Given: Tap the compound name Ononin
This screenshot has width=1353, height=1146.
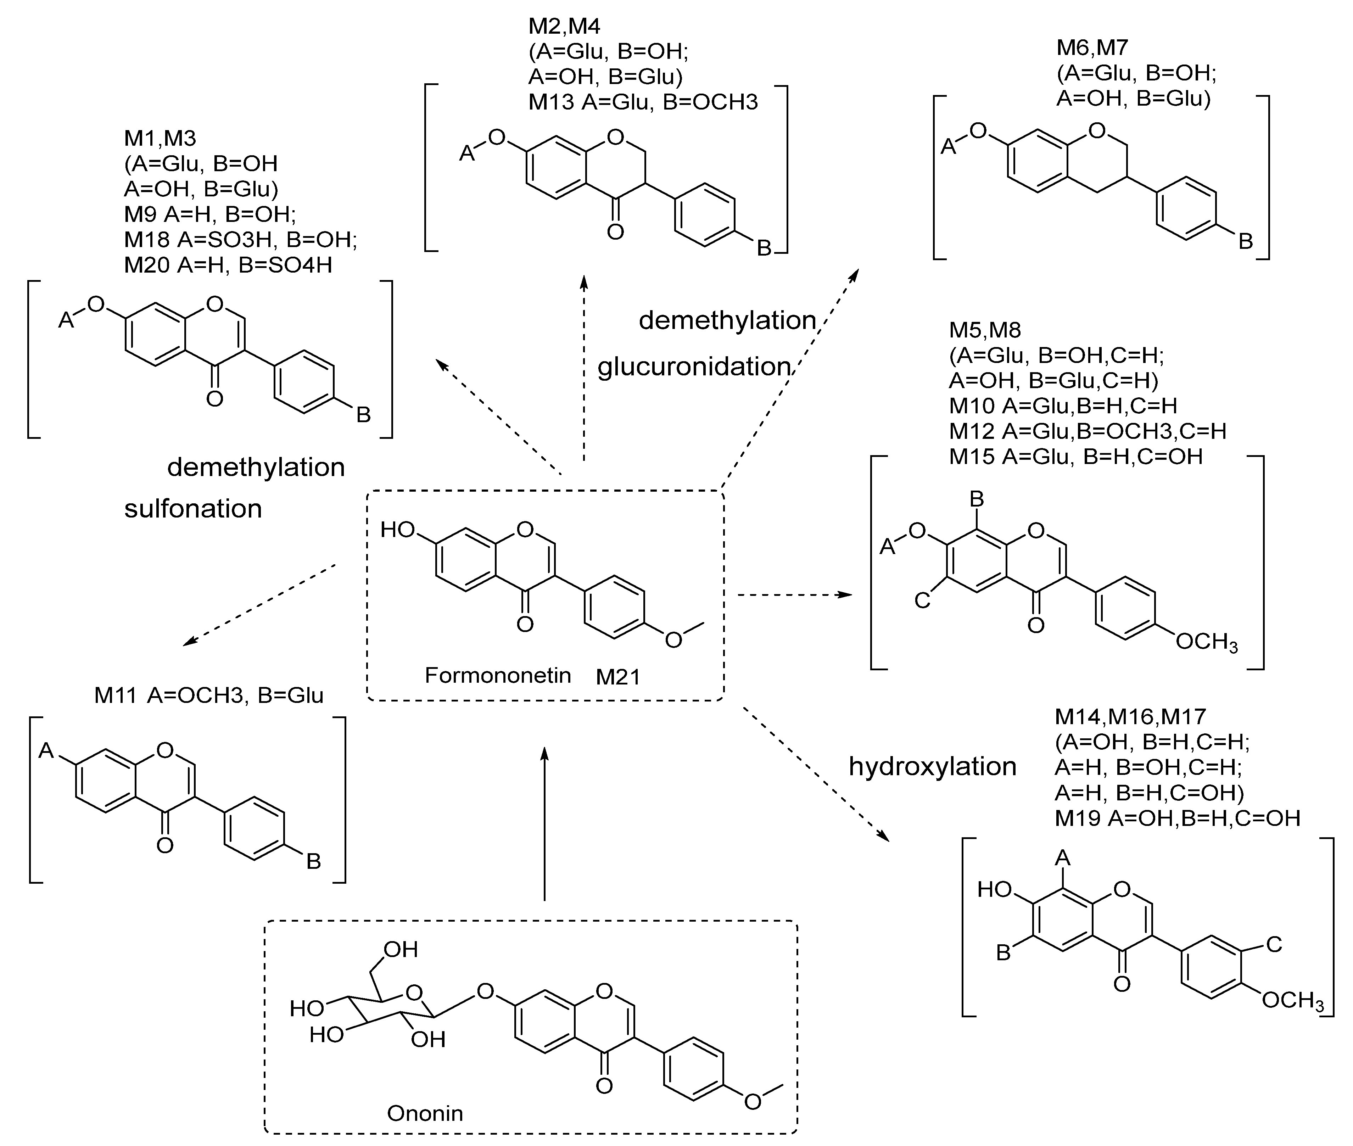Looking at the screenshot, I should [x=425, y=1113].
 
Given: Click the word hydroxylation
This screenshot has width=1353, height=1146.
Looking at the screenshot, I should [x=932, y=767].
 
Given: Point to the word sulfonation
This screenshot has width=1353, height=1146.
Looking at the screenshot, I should [x=193, y=509].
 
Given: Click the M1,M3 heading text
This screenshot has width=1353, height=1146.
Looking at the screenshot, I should [x=160, y=138].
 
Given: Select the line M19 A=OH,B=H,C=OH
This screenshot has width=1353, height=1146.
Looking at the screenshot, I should [x=1177, y=818].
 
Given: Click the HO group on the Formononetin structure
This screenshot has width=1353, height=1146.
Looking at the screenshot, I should [x=397, y=530].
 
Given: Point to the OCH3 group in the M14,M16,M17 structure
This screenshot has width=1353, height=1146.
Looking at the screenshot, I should [x=1291, y=1000].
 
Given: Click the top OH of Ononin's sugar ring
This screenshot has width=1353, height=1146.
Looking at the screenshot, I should [x=400, y=950].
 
